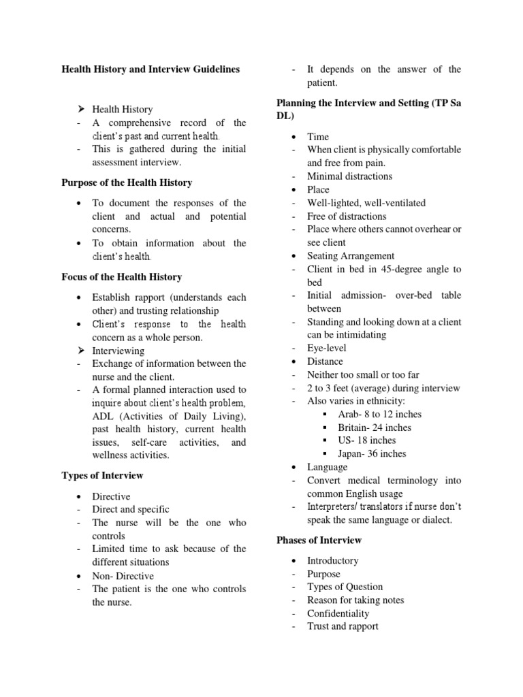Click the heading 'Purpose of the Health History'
(x=127, y=182)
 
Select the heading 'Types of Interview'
(x=103, y=475)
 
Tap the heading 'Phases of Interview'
(x=319, y=540)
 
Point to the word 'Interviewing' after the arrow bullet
(x=118, y=351)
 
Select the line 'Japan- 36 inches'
(x=372, y=453)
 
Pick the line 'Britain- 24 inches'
(x=375, y=427)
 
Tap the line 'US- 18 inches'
(x=366, y=440)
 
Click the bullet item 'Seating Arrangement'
(x=351, y=256)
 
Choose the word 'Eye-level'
(x=327, y=348)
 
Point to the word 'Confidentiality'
(x=339, y=613)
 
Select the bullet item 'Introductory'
(x=332, y=560)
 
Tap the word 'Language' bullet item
(x=327, y=467)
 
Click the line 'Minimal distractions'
(x=349, y=176)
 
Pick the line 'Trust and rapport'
(x=343, y=626)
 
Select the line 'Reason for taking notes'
(x=355, y=600)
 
